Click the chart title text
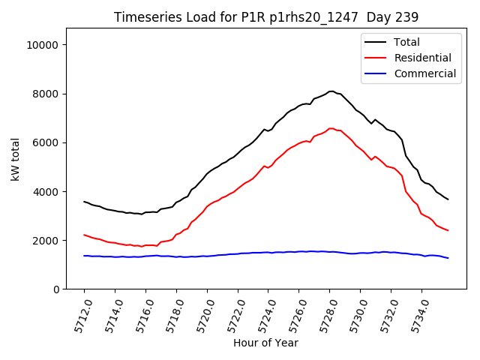tap(266, 17)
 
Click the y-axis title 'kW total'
tap(15, 159)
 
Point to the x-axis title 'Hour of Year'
tap(265, 343)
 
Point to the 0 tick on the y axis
tap(57, 289)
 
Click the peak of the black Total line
tap(331, 91)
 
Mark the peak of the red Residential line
tap(331, 128)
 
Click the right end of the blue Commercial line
tap(448, 258)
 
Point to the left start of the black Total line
tap(84, 201)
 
